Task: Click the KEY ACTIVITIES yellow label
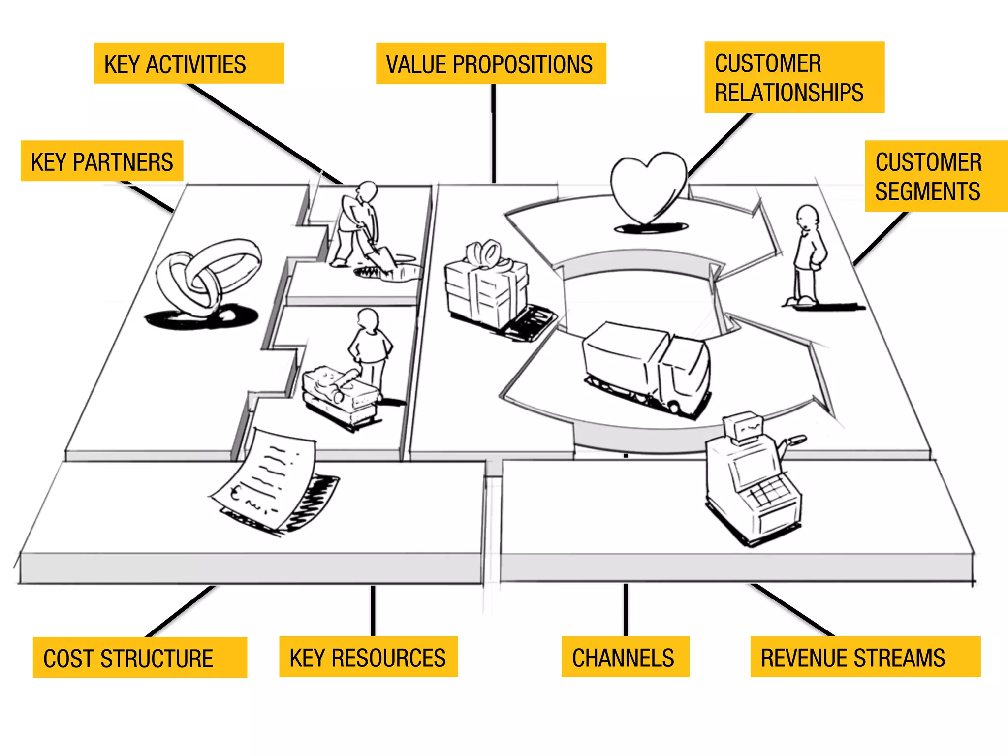click(x=189, y=63)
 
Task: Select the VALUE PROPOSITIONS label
click(x=490, y=64)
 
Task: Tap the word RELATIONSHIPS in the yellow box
click(x=789, y=93)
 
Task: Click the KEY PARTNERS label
click(x=102, y=161)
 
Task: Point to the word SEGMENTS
click(x=927, y=191)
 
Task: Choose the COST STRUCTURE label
click(x=139, y=658)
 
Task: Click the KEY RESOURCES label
click(x=368, y=657)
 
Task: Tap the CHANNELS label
click(x=625, y=657)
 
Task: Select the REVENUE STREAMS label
click(x=865, y=657)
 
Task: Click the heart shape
click(x=647, y=187)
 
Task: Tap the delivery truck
click(x=647, y=367)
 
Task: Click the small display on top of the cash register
click(x=743, y=427)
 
